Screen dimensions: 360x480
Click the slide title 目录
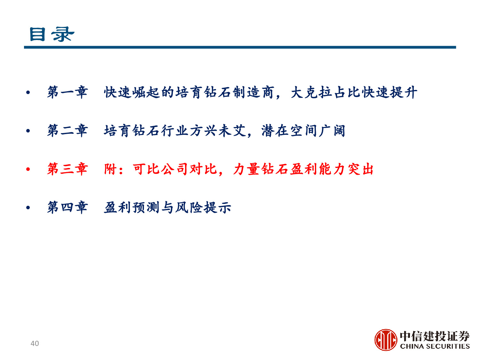52,34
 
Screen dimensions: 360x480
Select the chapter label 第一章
67,92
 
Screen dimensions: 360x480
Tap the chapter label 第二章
67,131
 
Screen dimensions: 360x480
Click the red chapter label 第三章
67,169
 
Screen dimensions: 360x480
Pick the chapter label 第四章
67,207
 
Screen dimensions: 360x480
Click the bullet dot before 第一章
28,93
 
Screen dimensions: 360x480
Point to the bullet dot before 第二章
28,131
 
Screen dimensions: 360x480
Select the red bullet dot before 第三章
28,169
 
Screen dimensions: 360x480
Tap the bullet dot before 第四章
28,208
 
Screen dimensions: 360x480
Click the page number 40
35,343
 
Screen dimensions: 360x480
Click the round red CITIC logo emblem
386,340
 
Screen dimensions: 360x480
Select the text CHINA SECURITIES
435,346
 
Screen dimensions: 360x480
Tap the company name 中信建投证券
435,336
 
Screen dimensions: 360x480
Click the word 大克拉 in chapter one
312,92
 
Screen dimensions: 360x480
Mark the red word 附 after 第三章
110,169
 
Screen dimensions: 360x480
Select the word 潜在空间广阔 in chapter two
303,131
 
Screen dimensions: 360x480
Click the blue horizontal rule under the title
240,47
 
